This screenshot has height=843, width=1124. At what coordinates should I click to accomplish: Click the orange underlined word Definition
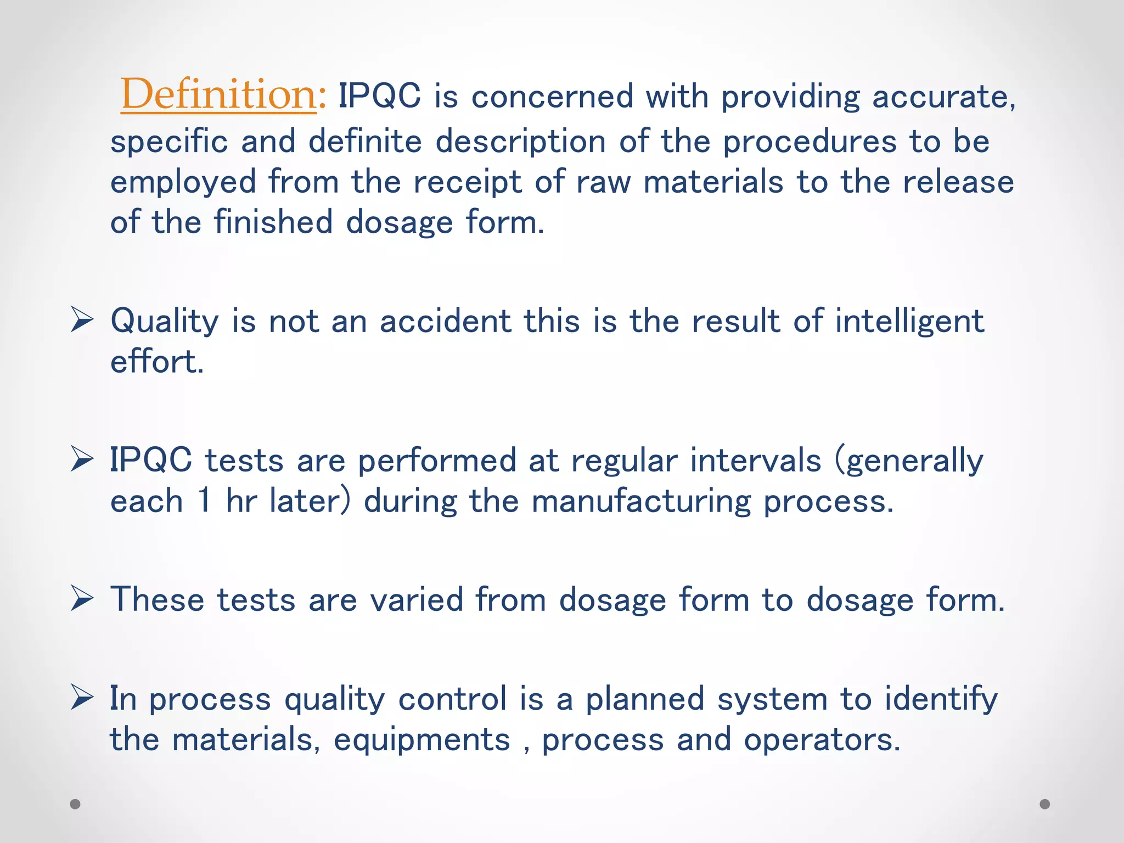(218, 94)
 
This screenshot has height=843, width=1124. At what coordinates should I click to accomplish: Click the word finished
(273, 222)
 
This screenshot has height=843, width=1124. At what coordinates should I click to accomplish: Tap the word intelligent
(909, 322)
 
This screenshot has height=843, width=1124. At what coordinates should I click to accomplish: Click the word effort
(156, 362)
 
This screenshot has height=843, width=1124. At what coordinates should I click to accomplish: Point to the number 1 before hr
(204, 501)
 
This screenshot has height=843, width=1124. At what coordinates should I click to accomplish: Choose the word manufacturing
(641, 502)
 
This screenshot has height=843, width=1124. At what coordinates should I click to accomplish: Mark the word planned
(645, 699)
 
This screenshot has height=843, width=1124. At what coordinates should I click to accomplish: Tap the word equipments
(422, 740)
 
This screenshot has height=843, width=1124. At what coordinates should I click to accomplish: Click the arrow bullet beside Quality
(82, 321)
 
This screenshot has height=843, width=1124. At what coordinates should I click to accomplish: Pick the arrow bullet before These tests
(82, 599)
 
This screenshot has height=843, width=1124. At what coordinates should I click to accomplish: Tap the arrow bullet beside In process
(82, 698)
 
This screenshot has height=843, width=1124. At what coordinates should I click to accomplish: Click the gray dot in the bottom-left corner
(75, 804)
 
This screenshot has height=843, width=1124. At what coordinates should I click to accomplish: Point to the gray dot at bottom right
(1045, 804)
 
